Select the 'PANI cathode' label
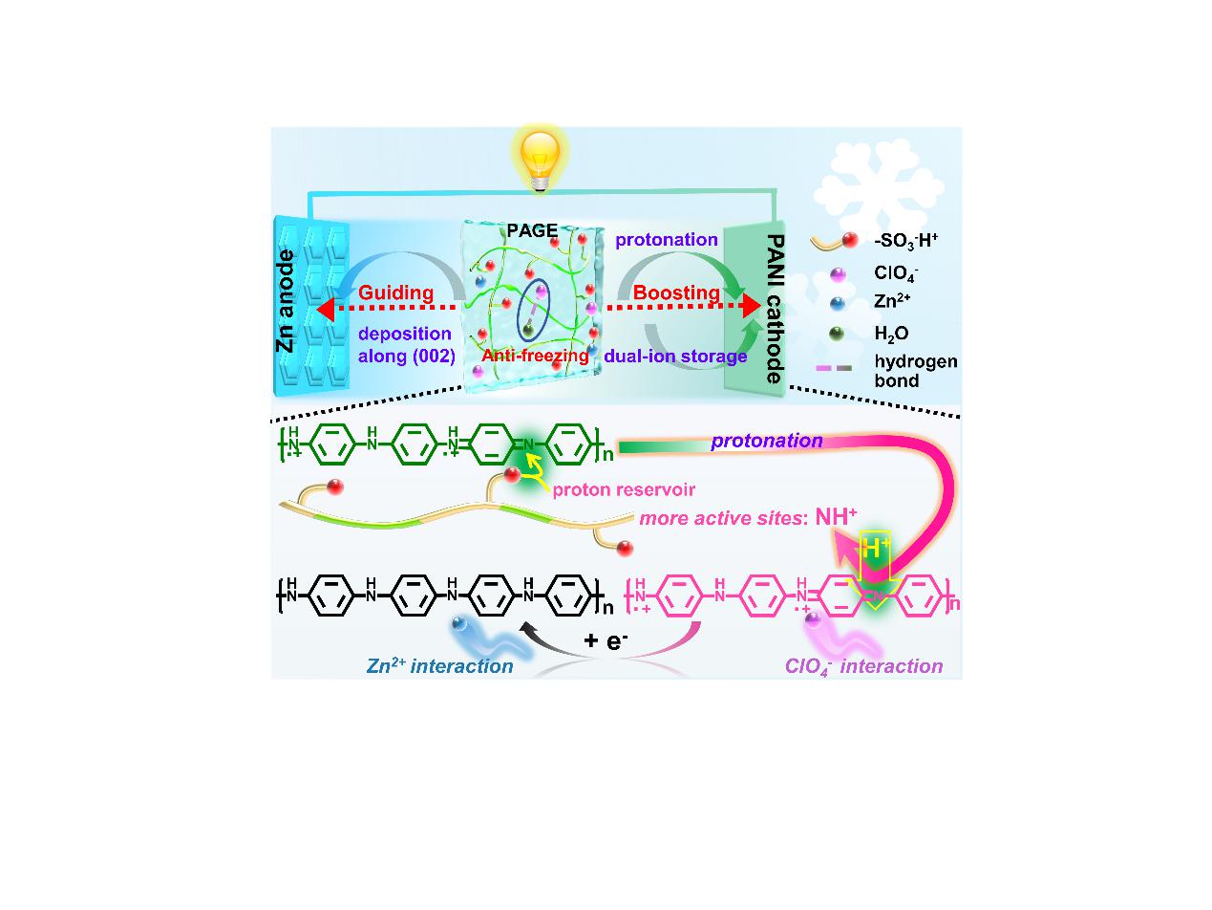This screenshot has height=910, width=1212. coord(775,310)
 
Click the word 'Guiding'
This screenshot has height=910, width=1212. coord(396,292)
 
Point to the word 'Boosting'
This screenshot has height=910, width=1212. coord(676,292)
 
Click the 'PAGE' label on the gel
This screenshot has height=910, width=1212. coord(532,230)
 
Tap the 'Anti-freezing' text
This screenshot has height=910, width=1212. coord(535,356)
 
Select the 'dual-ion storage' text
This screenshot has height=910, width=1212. coord(675,357)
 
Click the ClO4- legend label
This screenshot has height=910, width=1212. coord(896,273)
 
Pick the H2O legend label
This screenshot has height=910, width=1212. coord(892,334)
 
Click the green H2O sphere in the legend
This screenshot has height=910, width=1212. coord(837,334)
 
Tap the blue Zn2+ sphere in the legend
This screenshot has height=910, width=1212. coord(837,303)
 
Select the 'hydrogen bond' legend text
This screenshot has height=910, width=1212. coord(916,371)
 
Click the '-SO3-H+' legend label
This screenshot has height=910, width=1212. coord(906,241)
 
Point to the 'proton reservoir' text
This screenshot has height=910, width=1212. coord(624,489)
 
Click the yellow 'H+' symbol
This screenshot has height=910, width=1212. coord(875,548)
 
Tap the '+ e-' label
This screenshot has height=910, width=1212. coord(606,640)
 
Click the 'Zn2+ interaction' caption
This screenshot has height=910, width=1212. coord(439,666)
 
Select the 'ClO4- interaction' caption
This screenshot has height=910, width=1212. coord(863,666)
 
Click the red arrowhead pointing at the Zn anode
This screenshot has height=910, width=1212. coord(326,308)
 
